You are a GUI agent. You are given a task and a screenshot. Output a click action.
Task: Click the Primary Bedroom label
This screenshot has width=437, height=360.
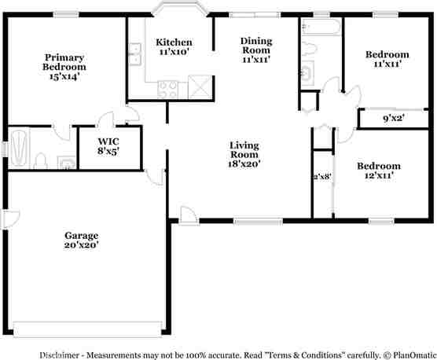(x=64, y=66)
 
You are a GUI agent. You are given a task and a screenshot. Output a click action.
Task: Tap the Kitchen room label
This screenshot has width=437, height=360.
(x=173, y=46)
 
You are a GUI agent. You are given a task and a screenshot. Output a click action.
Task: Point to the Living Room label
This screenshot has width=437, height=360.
(x=244, y=154)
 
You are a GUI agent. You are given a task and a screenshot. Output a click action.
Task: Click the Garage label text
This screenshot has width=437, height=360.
(x=81, y=240)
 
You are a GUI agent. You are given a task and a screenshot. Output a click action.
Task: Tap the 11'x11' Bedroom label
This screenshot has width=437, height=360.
(x=387, y=59)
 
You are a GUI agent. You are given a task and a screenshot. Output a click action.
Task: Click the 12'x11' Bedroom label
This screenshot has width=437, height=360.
(x=378, y=171)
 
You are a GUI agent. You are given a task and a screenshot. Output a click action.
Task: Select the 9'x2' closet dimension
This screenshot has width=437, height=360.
(x=393, y=119)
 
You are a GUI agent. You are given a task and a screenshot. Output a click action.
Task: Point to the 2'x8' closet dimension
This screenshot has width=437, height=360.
(x=322, y=177)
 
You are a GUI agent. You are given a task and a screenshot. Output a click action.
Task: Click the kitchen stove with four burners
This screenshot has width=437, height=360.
(x=168, y=88)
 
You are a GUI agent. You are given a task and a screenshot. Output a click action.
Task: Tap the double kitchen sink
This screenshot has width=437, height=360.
(x=135, y=55)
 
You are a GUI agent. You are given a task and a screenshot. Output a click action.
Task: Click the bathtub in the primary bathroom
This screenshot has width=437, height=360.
(x=18, y=148)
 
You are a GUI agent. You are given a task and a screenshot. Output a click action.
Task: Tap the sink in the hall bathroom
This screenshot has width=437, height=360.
(x=307, y=75)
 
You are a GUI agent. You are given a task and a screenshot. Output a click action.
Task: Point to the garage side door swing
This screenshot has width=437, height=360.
(x=11, y=218)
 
